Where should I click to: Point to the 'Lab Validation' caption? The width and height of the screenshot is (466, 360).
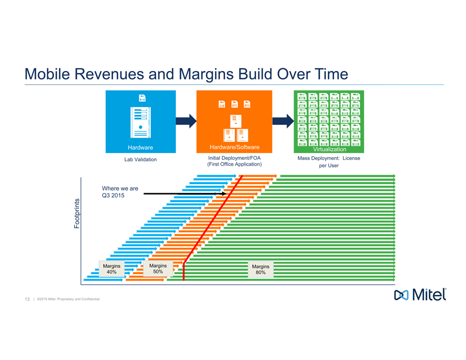[x=140, y=159]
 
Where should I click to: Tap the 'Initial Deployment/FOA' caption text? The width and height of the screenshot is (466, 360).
[x=234, y=158]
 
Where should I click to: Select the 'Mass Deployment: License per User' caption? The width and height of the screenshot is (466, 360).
[x=329, y=161]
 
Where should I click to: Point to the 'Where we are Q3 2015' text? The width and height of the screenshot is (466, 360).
[x=120, y=192]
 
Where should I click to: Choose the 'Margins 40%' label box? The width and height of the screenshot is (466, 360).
[x=111, y=269]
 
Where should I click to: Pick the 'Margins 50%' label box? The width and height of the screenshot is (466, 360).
[x=158, y=268]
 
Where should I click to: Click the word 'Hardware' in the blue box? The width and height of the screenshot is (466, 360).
[x=140, y=147]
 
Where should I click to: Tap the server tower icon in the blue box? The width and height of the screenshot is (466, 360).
[x=141, y=120]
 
